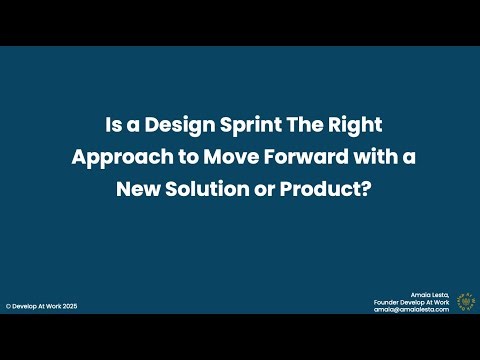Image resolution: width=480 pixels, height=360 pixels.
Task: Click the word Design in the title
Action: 172,127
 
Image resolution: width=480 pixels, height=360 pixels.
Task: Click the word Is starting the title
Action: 113,127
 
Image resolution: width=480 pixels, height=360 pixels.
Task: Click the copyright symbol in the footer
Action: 9,306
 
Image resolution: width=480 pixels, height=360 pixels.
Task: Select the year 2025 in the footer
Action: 68,306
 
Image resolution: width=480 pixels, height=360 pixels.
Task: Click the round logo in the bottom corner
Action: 466,302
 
